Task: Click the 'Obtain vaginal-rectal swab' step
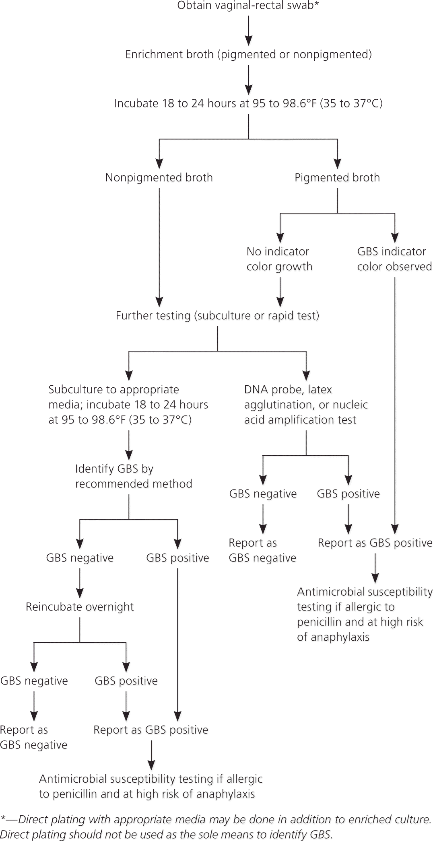[x=248, y=6]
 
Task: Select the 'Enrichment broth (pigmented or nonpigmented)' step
[x=248, y=54]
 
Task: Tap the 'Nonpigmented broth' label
[x=159, y=177]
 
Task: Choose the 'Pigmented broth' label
[x=337, y=177]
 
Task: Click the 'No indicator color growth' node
[x=279, y=259]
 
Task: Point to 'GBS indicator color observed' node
[x=394, y=259]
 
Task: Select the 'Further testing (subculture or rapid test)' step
[x=217, y=315]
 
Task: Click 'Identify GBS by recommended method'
[x=133, y=476]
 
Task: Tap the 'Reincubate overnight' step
[x=80, y=607]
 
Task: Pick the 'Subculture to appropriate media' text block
[x=128, y=404]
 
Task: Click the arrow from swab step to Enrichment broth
[x=249, y=30]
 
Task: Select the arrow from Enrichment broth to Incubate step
[x=249, y=79]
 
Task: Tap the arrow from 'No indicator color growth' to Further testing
[x=280, y=292]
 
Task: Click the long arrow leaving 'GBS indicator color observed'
[x=395, y=402]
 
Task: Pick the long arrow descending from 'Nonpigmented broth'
[x=159, y=245]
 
